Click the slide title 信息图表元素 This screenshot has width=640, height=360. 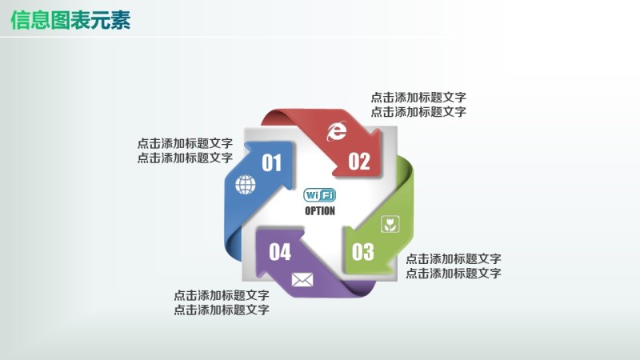tap(70, 20)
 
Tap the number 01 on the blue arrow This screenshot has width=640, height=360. tap(272, 163)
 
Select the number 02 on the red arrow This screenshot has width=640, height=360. tap(359, 162)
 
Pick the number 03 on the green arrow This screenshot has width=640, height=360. tap(363, 253)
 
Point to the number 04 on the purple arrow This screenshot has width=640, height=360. tap(280, 252)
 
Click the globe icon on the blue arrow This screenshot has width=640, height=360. tap(245, 186)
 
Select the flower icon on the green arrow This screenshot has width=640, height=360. tap(390, 224)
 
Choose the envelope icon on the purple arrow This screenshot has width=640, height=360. tap(302, 279)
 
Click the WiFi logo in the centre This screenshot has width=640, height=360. tap(320, 195)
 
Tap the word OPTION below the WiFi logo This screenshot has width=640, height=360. tap(320, 211)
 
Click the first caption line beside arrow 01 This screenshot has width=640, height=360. tap(185, 144)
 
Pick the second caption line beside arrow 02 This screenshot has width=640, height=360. tap(418, 112)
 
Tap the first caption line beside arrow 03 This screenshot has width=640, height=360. tap(454, 259)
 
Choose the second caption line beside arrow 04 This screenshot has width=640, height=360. tap(222, 310)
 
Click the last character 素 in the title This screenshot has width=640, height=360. tap(121, 20)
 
